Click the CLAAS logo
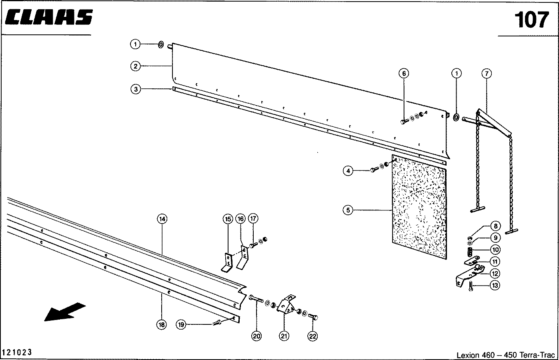[49, 17]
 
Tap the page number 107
[531, 20]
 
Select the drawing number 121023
[17, 352]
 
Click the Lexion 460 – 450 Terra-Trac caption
[506, 355]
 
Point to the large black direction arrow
[65, 312]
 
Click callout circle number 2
[136, 66]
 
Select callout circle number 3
[136, 89]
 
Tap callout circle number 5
[348, 210]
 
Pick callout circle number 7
[487, 74]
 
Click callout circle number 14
[162, 219]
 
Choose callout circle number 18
[162, 324]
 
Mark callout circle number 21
[284, 336]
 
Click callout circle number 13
[495, 285]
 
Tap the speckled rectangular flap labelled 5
[419, 207]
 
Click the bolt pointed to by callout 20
[256, 298]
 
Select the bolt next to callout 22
[313, 317]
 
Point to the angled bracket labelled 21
[286, 305]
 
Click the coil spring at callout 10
[470, 252]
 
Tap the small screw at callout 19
[216, 323]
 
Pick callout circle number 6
[404, 73]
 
